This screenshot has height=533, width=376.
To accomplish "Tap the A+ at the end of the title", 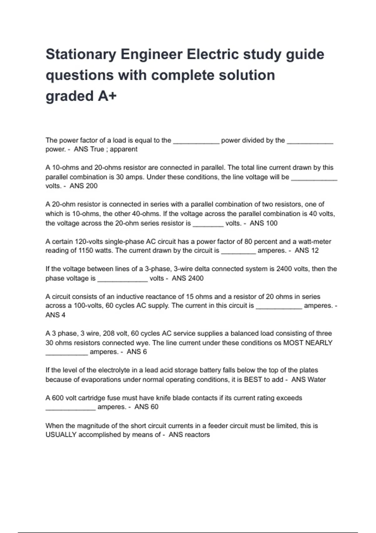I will (107, 96).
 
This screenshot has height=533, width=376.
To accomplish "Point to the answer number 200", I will (91, 186).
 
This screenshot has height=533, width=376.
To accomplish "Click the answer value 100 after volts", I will (271, 223).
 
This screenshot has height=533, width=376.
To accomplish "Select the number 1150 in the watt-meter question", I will (86, 251).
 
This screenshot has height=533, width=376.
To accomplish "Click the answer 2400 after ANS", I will (196, 278).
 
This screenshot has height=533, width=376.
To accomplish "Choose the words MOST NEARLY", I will (308, 343).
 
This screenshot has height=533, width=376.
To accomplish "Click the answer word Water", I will (317, 380).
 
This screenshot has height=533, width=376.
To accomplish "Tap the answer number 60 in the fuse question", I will (154, 407).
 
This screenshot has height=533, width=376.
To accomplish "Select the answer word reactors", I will (198, 435).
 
